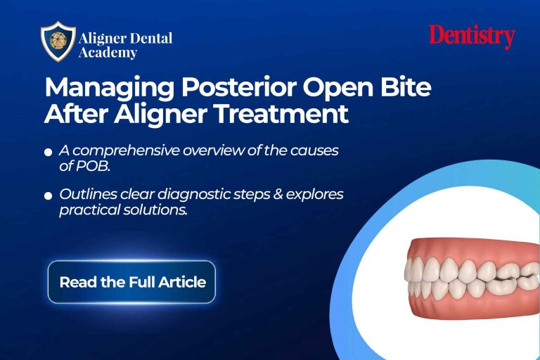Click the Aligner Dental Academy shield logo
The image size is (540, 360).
pyautogui.click(x=58, y=42)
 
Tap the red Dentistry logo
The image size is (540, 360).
pyautogui.click(x=472, y=37)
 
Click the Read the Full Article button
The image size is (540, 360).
pyautogui.click(x=131, y=282)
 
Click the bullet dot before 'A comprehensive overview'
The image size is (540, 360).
pyautogui.click(x=48, y=152)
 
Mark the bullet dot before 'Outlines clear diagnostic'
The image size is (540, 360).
pyautogui.click(x=48, y=195)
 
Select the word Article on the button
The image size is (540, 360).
pyautogui.click(x=184, y=282)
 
